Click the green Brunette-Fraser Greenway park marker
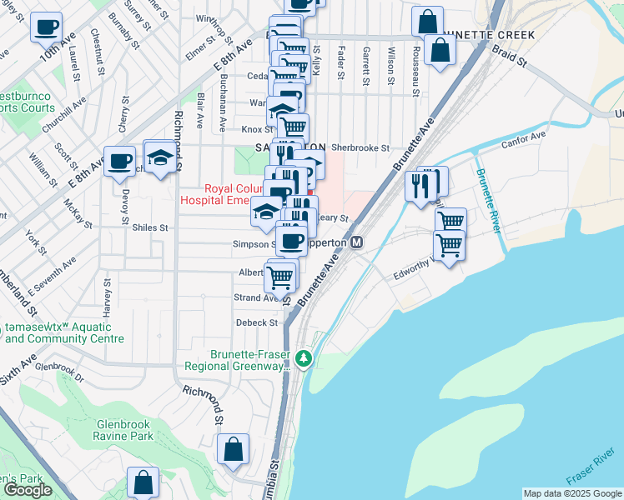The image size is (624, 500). pos(304,359)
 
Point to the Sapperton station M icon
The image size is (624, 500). pos(356,242)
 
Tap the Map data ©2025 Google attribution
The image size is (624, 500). pos(572,493)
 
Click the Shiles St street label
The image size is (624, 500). pos(150,227)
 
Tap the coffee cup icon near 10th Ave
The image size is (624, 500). pos(46,27)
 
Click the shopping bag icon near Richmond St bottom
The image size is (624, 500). pos(234,450)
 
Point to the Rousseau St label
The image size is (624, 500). pos(415,66)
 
